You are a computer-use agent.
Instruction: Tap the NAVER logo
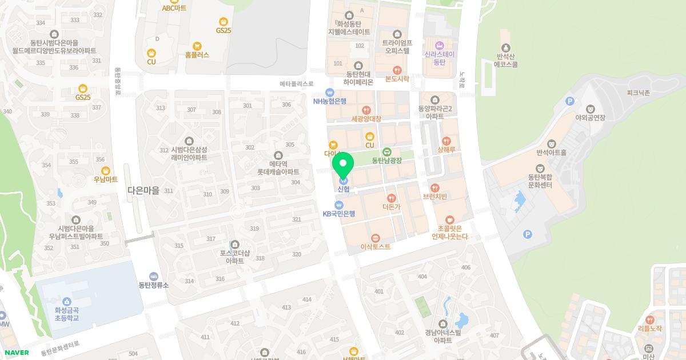point(15,353)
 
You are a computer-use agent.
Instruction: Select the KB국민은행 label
point(339,214)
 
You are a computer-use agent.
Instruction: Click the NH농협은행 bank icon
point(329,93)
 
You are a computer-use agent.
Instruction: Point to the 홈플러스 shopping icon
point(197,46)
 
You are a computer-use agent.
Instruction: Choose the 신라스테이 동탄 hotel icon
point(440,46)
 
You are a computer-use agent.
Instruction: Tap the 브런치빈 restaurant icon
point(435,187)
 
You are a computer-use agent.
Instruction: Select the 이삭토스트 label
point(376,247)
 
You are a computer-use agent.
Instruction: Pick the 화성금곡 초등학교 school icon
point(66,301)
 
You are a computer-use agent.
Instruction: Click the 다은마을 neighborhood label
point(143,191)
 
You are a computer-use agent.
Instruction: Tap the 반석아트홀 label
point(551,153)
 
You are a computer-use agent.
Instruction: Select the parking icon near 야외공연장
point(569,101)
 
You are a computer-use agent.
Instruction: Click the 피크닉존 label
point(638,93)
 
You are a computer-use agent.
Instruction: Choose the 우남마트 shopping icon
point(106,170)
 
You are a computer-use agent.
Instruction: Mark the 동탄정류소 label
point(153,285)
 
